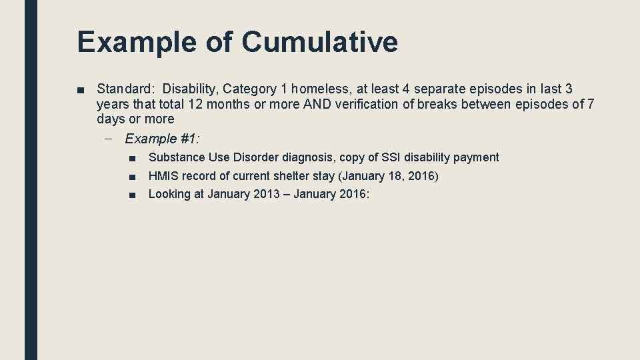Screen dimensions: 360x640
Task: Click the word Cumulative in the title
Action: pos(319,41)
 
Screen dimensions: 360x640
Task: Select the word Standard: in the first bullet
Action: pos(126,89)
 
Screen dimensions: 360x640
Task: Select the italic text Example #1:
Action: pos(163,139)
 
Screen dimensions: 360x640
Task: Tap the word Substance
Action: pos(175,157)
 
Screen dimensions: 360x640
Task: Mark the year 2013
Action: pos(267,194)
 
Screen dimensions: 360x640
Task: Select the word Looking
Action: pos(169,194)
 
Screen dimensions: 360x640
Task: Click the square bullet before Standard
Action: pos(81,89)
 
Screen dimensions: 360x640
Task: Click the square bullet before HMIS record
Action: pos(133,177)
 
